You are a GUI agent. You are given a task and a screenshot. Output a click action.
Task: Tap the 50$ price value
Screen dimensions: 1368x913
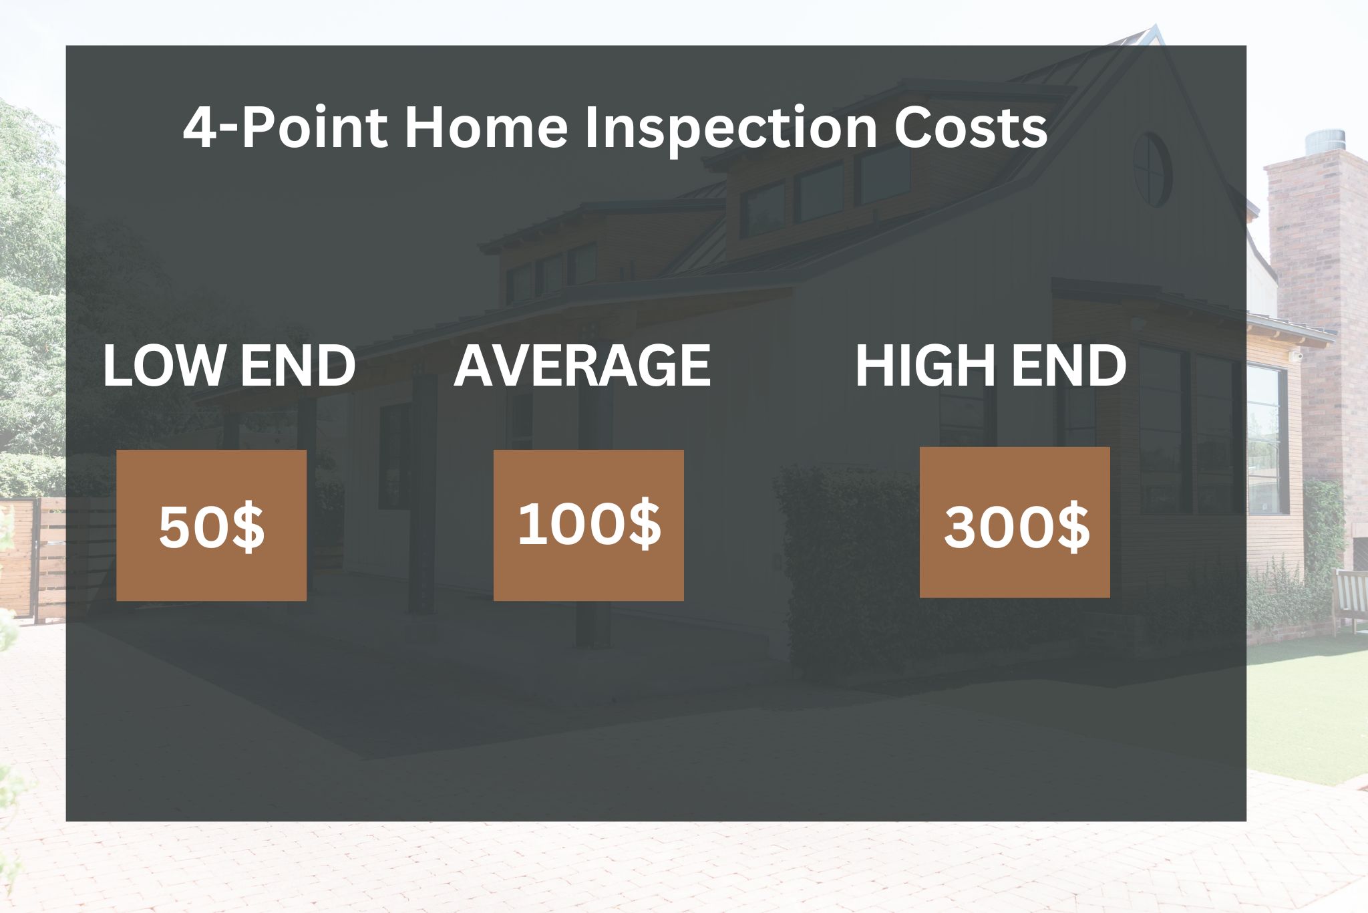[212, 527]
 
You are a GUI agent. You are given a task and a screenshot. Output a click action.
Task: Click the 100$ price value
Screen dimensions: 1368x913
[589, 524]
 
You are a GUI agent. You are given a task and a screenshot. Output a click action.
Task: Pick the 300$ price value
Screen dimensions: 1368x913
[1016, 527]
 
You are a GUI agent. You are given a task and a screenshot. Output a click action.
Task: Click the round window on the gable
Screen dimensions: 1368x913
[1152, 170]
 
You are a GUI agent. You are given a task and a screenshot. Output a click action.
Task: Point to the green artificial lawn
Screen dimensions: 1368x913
[1309, 708]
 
